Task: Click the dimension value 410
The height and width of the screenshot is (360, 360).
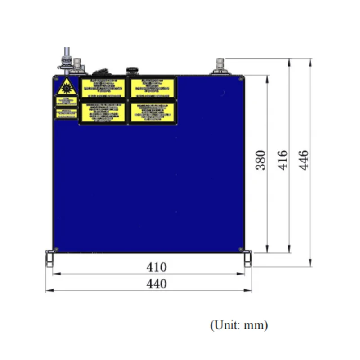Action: [x=157, y=267]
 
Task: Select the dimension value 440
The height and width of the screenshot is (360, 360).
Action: [x=157, y=284]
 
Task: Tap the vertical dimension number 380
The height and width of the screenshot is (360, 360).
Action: [x=261, y=160]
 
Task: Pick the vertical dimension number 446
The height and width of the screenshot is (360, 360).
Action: [x=304, y=160]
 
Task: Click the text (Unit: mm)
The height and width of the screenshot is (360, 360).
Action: [x=239, y=324]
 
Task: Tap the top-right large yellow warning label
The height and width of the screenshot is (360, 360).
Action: [x=153, y=87]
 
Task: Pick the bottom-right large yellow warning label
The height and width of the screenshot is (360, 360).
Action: [x=153, y=112]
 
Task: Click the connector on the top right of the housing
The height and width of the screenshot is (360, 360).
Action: [x=220, y=67]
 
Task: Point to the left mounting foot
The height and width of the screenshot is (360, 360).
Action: [x=49, y=259]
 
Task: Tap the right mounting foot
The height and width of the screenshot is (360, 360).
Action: [x=248, y=259]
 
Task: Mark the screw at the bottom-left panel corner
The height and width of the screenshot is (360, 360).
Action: [x=57, y=249]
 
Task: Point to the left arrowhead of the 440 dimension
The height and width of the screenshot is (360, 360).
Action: [x=48, y=290]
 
